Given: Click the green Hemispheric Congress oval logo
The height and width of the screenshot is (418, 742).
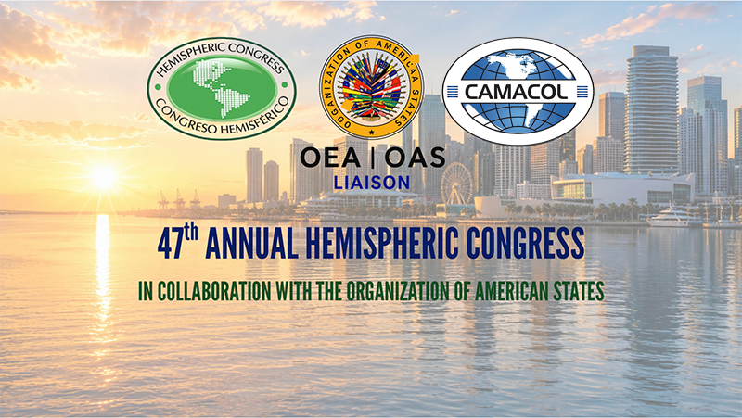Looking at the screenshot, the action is pyautogui.click(x=221, y=88).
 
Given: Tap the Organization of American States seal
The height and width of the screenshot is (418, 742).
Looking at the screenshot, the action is pyautogui.click(x=372, y=86).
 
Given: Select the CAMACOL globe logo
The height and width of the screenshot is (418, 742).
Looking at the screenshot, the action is pyautogui.click(x=518, y=91).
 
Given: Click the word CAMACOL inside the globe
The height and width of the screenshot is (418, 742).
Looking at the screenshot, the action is pyautogui.click(x=518, y=91).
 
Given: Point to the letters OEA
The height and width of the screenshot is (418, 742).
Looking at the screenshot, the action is pyautogui.click(x=330, y=158).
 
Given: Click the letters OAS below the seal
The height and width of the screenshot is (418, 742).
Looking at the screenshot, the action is pyautogui.click(x=415, y=158).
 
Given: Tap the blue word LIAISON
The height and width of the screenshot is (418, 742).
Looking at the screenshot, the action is pyautogui.click(x=372, y=183).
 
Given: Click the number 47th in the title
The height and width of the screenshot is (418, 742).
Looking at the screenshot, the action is pyautogui.click(x=177, y=243).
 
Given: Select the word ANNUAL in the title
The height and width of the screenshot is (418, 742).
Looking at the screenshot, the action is pyautogui.click(x=251, y=244).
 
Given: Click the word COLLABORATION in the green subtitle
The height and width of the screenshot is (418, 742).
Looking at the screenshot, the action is pyautogui.click(x=214, y=291).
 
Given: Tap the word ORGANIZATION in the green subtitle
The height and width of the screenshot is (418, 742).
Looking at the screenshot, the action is pyautogui.click(x=398, y=291).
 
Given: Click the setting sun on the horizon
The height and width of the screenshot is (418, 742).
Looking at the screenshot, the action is pyautogui.click(x=103, y=178).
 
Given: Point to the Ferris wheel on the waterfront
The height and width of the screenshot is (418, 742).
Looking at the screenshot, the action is pyautogui.click(x=456, y=184).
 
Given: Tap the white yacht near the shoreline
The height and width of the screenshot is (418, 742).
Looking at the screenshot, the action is pyautogui.click(x=674, y=218).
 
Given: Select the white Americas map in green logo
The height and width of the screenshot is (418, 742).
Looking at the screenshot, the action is pyautogui.click(x=222, y=88).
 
